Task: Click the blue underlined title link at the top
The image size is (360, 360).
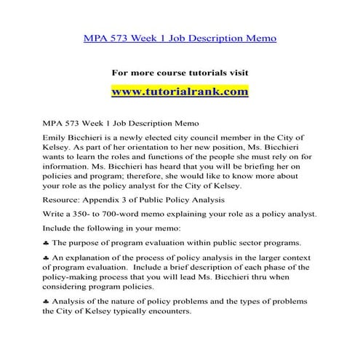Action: [180, 36]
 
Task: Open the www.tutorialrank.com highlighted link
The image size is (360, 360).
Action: [180, 92]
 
